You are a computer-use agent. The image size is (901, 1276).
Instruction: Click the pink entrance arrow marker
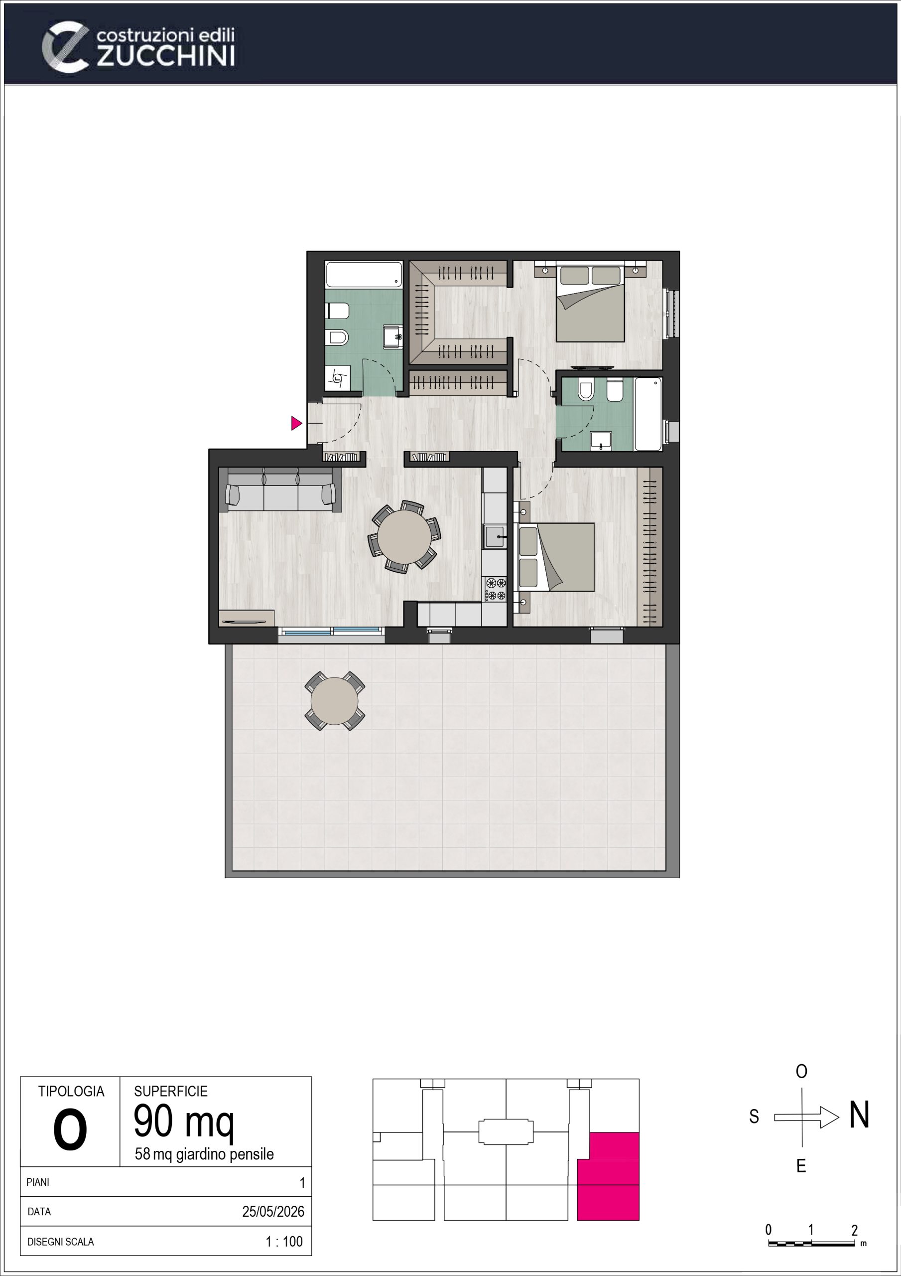tap(296, 424)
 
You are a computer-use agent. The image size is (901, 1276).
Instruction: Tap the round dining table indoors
tap(404, 537)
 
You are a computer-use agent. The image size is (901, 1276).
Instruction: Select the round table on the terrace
tap(334, 701)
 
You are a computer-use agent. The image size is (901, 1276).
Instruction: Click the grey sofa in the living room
tap(280, 489)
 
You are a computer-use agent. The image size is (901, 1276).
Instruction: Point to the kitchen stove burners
tap(495, 589)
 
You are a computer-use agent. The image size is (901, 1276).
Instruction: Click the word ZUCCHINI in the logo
tap(166, 57)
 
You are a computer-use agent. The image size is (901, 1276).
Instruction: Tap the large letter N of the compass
tap(859, 1115)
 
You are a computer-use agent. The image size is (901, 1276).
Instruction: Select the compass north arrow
tap(806, 1116)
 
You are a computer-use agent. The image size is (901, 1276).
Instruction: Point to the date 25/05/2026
tap(273, 1212)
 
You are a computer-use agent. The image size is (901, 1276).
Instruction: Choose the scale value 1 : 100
tap(284, 1242)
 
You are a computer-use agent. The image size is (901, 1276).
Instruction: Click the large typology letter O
tap(70, 1131)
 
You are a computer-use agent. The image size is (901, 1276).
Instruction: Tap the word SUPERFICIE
tap(170, 1091)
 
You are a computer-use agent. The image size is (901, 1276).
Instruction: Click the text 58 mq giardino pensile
tap(204, 1155)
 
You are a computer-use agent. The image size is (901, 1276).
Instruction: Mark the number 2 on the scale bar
tap(854, 1230)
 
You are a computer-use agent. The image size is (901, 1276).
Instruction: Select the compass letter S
tap(754, 1116)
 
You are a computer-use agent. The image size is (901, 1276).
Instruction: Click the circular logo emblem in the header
tap(65, 47)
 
